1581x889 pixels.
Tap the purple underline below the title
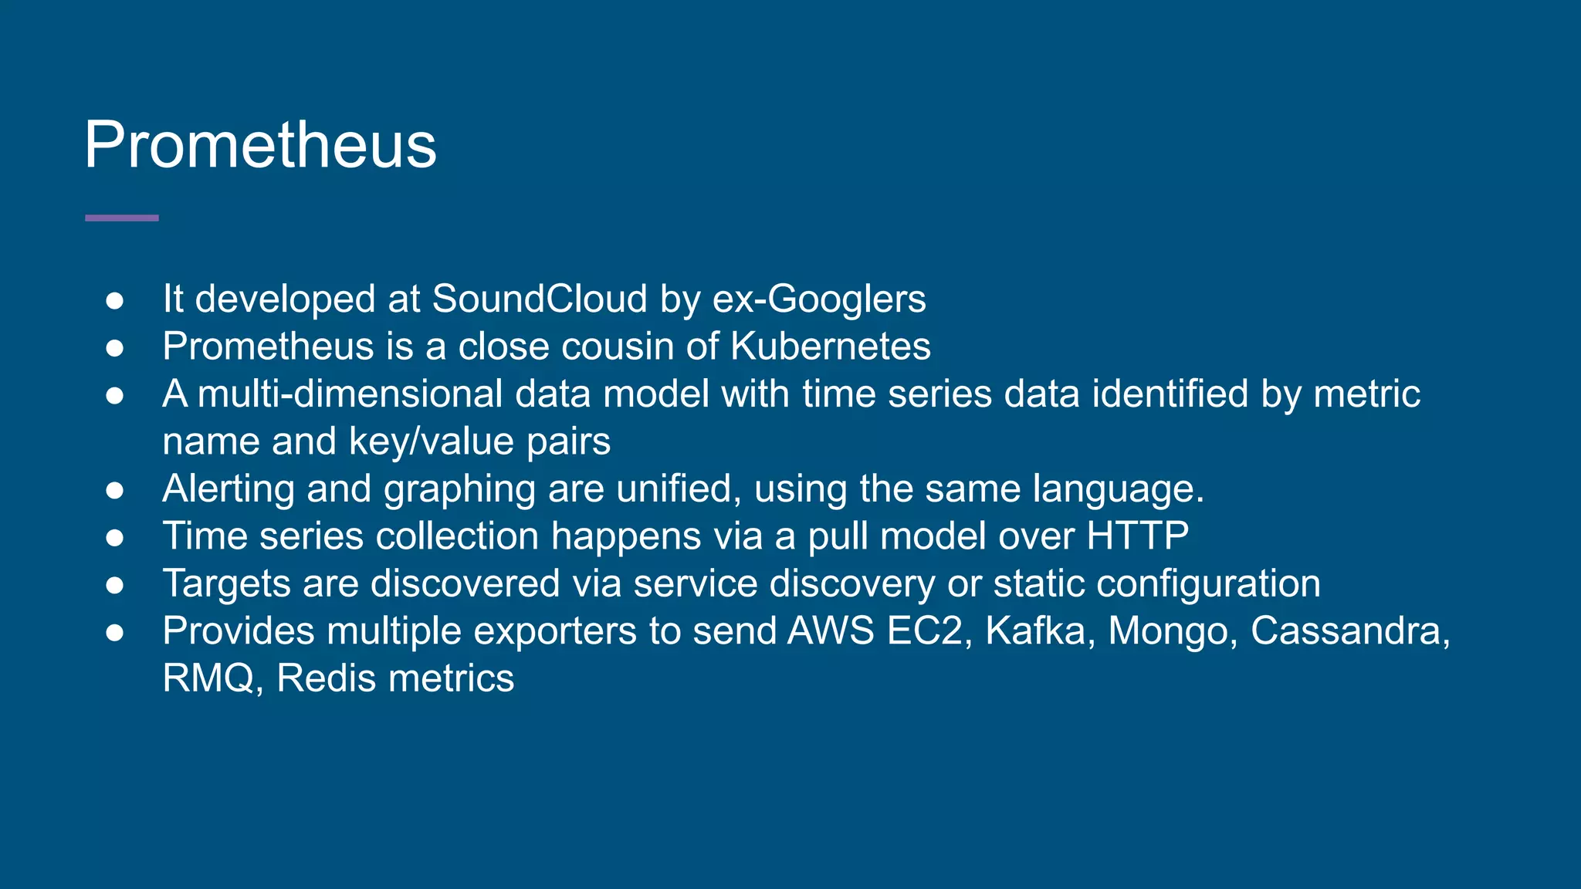122,218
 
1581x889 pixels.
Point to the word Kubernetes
831,346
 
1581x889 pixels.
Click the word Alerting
229,489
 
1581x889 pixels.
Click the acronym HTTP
1138,536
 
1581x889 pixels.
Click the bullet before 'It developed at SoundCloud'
115,300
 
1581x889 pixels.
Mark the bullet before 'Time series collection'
115,537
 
